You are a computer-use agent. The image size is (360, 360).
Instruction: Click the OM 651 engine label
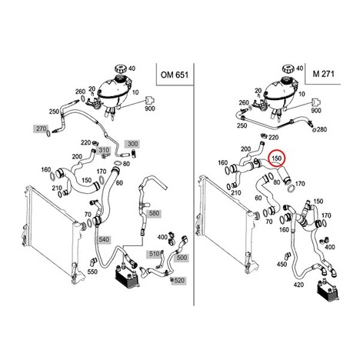pos(175,75)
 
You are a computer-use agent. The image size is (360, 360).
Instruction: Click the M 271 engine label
pos(324,74)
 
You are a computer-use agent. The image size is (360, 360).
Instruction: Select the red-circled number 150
pos(277,158)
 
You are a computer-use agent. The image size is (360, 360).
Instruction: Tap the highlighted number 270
pos(41,128)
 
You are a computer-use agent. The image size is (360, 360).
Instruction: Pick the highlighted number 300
pos(132,144)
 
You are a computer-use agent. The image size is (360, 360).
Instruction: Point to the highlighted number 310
pos(104,150)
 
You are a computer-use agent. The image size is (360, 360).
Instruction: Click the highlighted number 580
pos(154,213)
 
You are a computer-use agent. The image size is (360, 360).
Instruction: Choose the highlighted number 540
pos(104,239)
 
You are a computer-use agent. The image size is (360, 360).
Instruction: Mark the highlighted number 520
pos(179,280)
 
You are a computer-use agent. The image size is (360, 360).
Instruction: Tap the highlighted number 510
pos(155,254)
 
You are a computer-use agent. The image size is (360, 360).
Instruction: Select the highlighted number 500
pos(182,257)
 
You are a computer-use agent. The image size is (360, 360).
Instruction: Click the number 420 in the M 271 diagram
pos(298,285)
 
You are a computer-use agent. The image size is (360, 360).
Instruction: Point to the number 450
pos(282,264)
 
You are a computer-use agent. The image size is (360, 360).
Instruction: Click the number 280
pos(322,129)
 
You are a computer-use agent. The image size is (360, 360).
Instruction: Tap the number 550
pos(92,272)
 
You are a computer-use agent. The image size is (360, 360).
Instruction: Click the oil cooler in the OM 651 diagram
pos(128,276)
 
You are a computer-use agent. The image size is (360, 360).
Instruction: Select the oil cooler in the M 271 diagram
pos(328,291)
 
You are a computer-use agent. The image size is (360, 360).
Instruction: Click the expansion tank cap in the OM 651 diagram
pos(121,68)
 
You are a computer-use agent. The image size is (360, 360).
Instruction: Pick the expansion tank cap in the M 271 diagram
pos(289,68)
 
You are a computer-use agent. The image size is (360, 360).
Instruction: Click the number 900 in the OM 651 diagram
pos(150,108)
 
